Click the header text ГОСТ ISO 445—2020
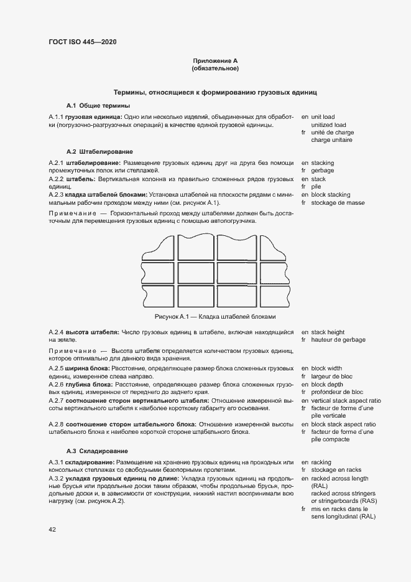tap(82, 42)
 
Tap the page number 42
tap(52, 529)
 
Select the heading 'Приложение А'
tap(216, 60)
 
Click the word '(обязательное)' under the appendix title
tap(216, 68)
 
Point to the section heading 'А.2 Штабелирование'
tap(99, 151)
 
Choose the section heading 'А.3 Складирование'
tap(98, 450)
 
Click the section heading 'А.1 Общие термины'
tap(98, 105)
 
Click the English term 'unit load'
tap(323, 116)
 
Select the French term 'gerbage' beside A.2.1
tap(322, 171)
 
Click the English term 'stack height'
tap(328, 332)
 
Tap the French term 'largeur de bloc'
tap(331, 377)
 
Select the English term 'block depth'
tap(327, 385)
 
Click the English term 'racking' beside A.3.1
tap(321, 462)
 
